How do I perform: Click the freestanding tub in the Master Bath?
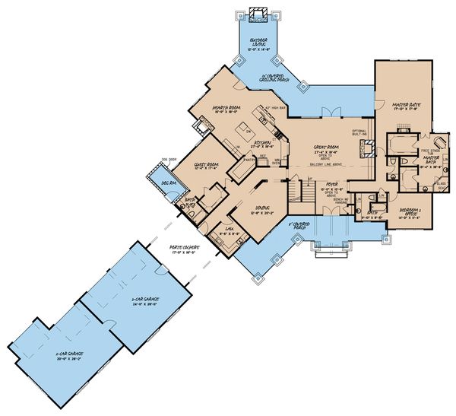click(x=439, y=144)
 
